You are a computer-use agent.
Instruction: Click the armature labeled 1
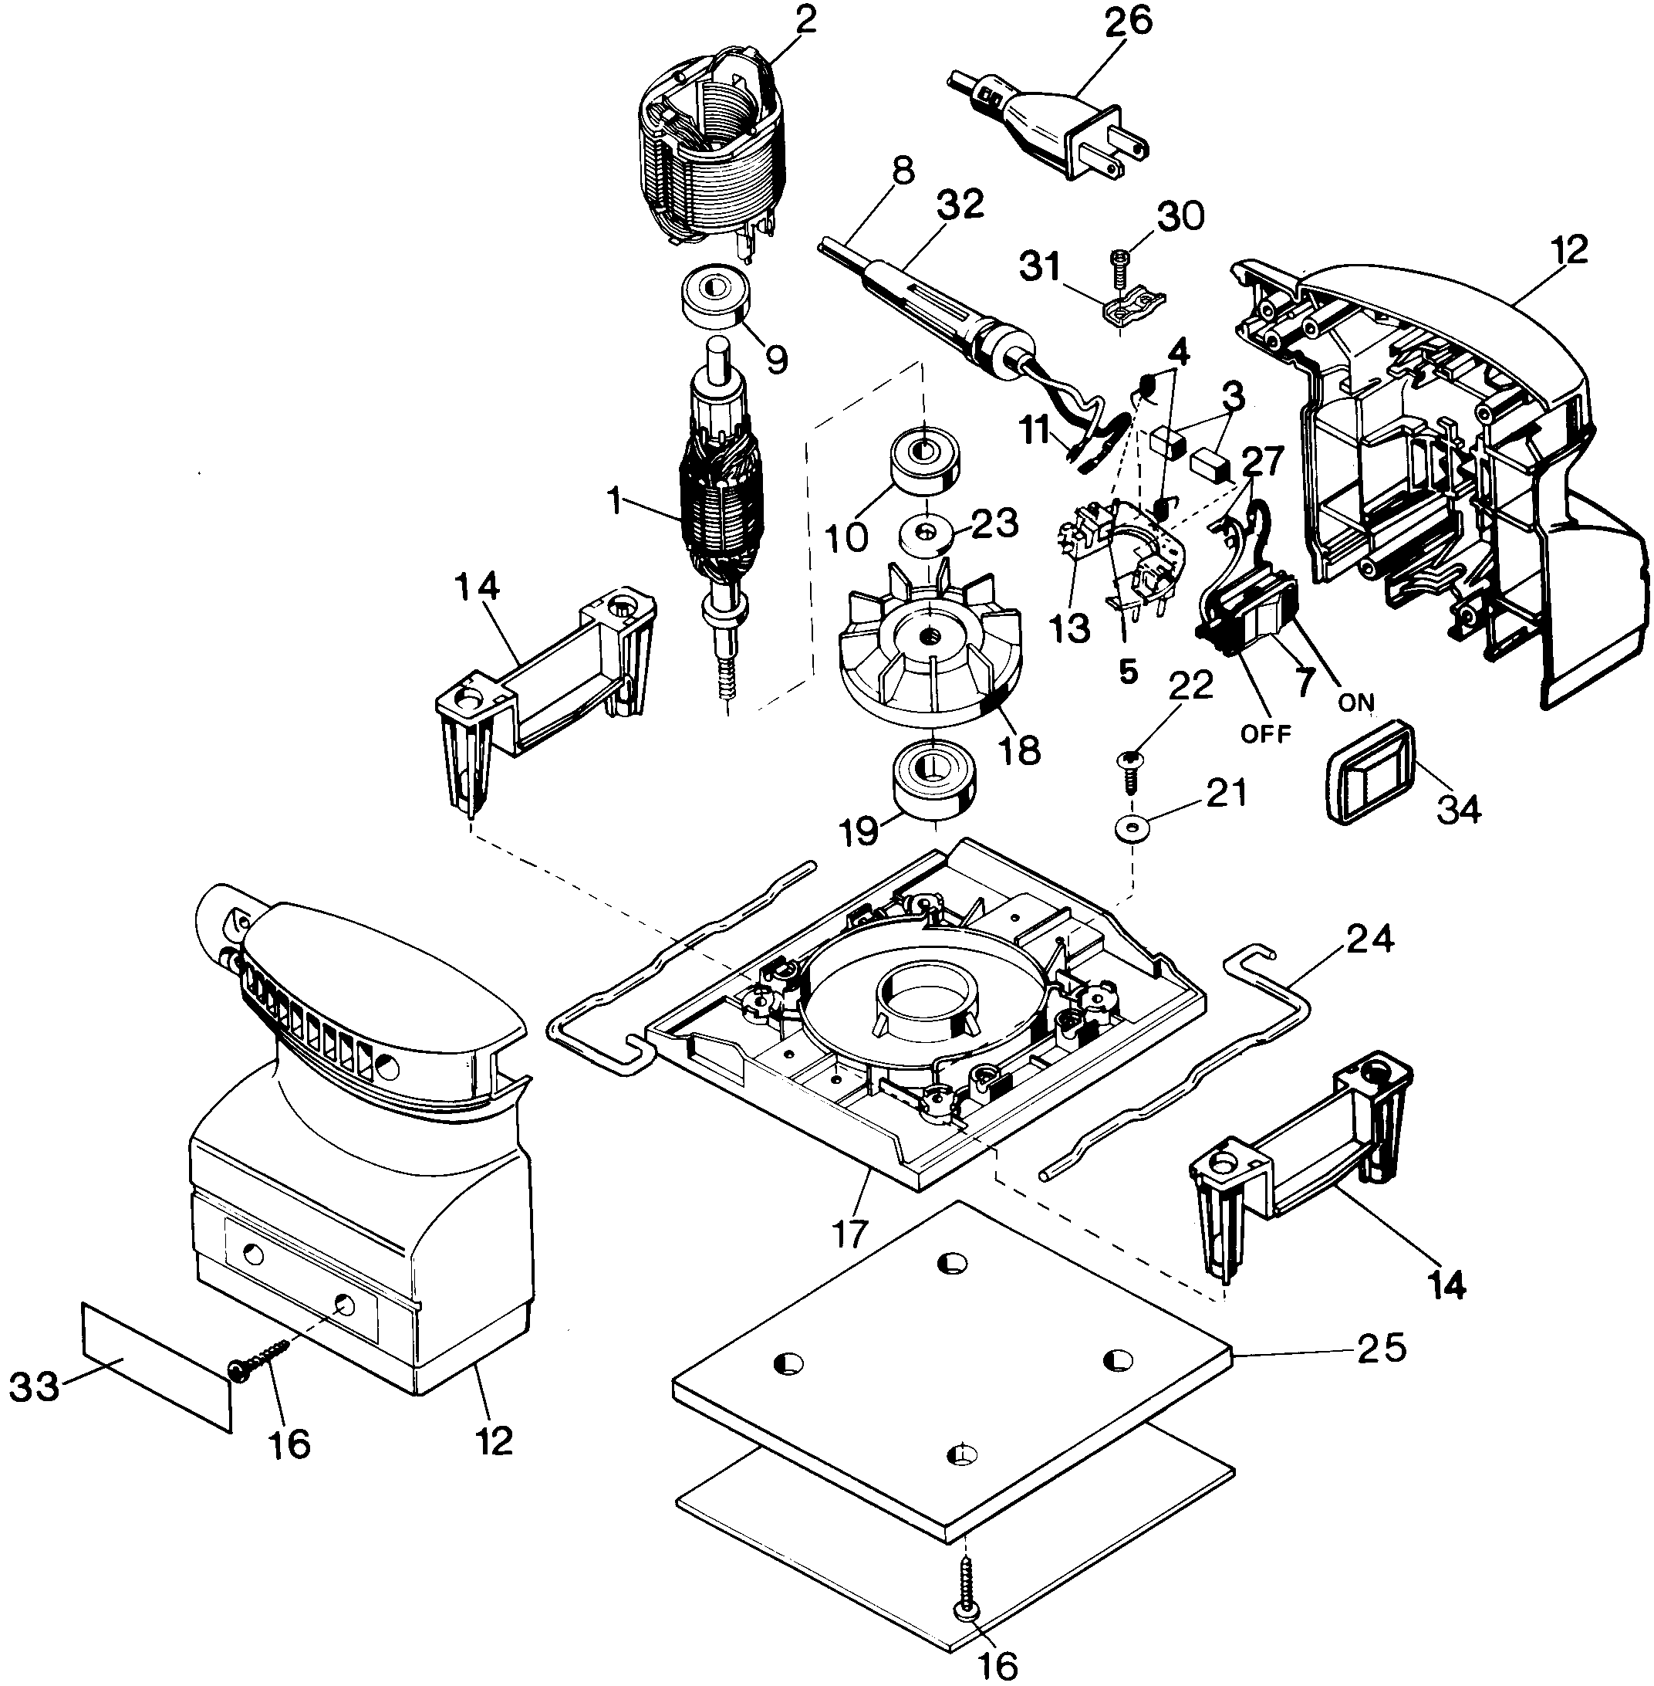click(721, 504)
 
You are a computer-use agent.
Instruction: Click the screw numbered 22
click(1129, 768)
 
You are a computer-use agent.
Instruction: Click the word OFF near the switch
click(1265, 733)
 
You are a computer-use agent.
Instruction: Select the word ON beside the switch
click(1356, 702)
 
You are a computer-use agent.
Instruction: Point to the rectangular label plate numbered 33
click(157, 1367)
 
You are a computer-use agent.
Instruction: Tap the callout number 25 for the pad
click(1381, 1348)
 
